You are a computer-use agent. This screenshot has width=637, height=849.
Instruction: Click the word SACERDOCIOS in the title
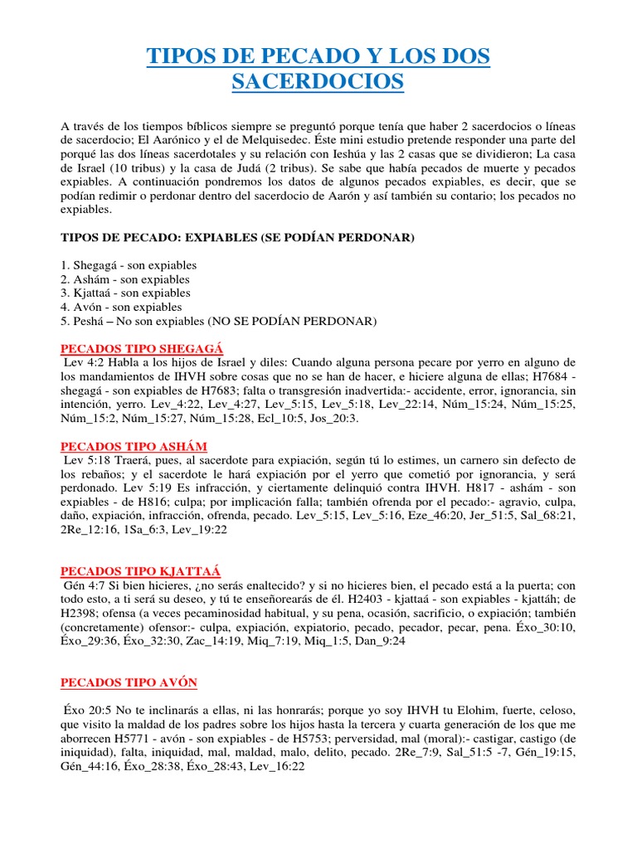coord(318,81)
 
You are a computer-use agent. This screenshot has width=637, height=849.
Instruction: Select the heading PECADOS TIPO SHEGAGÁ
coord(143,347)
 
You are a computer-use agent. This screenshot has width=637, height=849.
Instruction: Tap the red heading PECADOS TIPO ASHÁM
coord(134,447)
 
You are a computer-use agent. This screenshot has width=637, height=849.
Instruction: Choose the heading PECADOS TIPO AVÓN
coord(129,682)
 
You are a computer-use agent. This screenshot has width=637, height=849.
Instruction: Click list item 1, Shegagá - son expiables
coord(129,265)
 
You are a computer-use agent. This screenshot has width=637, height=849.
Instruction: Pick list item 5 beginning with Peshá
coord(219,321)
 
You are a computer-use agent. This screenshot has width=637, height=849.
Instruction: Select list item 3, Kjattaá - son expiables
coord(125,293)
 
